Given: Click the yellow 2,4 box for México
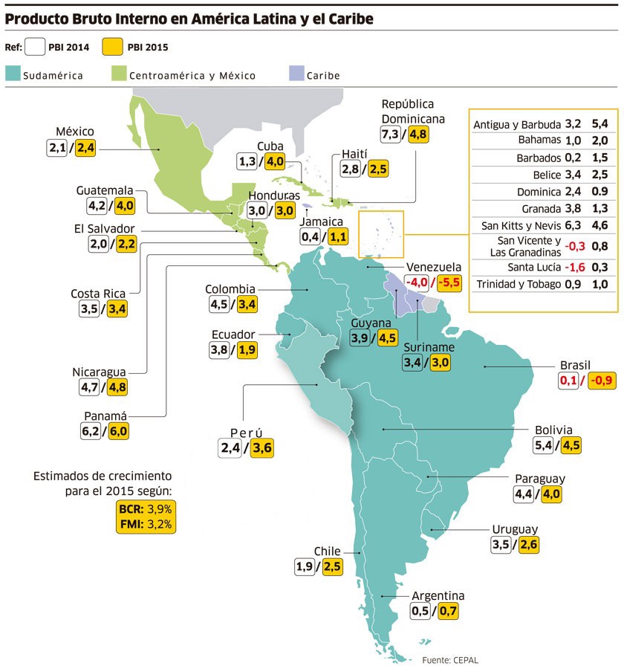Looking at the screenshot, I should pyautogui.click(x=86, y=148).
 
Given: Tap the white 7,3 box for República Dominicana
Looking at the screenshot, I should pyautogui.click(x=390, y=135).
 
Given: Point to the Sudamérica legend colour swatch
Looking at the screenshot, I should pyautogui.click(x=13, y=74).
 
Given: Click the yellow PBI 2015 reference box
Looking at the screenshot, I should pyautogui.click(x=114, y=48).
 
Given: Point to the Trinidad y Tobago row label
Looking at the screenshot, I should pyautogui.click(x=518, y=284).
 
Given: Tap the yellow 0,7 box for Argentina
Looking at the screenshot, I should pyautogui.click(x=448, y=612).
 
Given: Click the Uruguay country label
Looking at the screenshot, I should pyautogui.click(x=515, y=529).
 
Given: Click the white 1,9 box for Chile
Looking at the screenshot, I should pyautogui.click(x=305, y=567).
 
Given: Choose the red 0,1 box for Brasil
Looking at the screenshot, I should pyautogui.click(x=568, y=381).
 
